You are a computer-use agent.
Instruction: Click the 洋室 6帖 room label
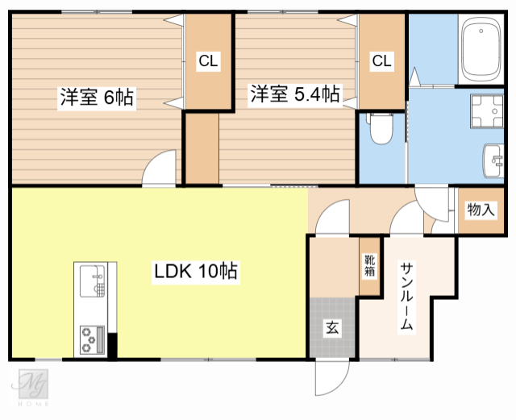pos(96,98)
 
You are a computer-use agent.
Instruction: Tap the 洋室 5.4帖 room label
pos(293,94)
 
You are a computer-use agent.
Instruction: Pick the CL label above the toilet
pos(381,60)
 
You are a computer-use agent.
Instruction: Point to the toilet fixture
pos(380,127)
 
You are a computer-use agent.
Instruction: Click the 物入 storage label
pos(481,210)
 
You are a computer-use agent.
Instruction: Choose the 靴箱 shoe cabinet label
pos(369,265)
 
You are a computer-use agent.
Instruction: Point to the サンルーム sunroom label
pos(406,298)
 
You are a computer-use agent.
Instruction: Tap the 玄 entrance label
pos(331,327)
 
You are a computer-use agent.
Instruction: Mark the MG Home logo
pos(35,386)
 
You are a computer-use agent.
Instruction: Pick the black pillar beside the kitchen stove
pos(113,345)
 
